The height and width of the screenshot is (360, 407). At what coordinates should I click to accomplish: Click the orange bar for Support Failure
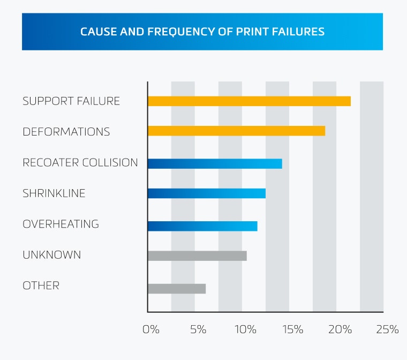(249, 101)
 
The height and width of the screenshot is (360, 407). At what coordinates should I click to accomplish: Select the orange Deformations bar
(236, 131)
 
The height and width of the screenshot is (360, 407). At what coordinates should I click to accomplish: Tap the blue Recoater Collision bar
(215, 163)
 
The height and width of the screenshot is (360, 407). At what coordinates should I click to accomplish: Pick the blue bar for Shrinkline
(206, 193)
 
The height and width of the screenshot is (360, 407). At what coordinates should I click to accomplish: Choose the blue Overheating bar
(202, 226)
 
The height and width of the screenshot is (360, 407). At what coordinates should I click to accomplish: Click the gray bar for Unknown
(197, 256)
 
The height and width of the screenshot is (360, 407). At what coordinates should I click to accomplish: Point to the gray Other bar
(177, 289)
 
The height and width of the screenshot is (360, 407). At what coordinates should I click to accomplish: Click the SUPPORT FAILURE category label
(71, 101)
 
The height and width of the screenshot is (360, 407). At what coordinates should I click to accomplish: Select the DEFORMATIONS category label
(66, 132)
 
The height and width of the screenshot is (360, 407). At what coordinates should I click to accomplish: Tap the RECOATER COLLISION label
(80, 163)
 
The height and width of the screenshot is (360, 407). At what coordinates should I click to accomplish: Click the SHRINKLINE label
(54, 193)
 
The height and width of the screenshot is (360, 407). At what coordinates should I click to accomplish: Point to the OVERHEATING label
(61, 224)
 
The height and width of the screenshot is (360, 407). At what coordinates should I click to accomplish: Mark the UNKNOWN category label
(51, 255)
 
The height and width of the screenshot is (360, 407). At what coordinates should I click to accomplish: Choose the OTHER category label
(41, 286)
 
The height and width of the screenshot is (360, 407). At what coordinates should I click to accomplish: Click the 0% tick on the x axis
(151, 329)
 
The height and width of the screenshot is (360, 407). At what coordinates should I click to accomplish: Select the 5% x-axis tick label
(198, 329)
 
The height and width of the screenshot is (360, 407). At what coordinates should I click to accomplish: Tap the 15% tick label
(292, 329)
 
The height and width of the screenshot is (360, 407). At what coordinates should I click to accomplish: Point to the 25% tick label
(387, 329)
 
